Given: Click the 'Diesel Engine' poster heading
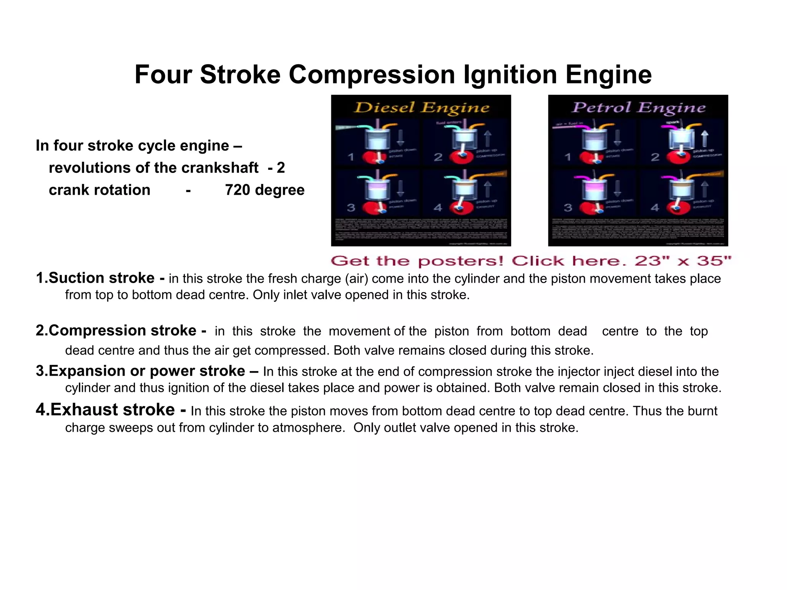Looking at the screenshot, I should click(x=422, y=108).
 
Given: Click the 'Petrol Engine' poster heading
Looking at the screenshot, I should click(x=639, y=108).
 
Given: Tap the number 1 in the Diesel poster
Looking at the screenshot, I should click(x=351, y=157).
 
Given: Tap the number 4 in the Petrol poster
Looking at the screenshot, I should click(x=655, y=208).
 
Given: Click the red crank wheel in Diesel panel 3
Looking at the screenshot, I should click(x=372, y=208).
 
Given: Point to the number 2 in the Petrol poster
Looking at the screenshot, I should click(x=655, y=157).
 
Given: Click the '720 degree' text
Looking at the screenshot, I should click(x=264, y=190).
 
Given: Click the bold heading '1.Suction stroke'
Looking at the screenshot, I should click(x=95, y=278).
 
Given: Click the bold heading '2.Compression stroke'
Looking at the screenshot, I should click(x=116, y=331).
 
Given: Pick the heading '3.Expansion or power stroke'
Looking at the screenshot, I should click(x=141, y=371).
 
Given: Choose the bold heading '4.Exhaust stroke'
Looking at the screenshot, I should click(x=105, y=410).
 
